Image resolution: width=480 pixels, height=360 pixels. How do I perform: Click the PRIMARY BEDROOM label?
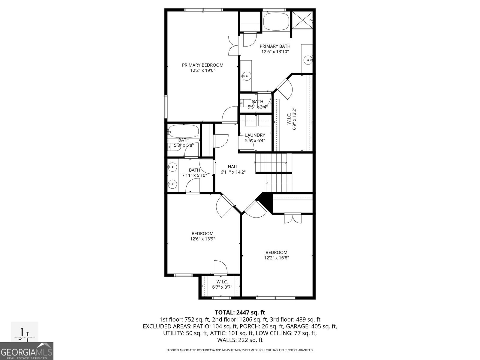[x=202, y=65]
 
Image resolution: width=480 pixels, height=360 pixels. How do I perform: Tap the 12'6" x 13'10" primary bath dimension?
[x=275, y=52]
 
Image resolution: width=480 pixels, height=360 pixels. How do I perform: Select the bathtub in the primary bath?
[x=276, y=21]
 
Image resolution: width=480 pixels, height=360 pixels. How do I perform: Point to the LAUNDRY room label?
[x=255, y=135]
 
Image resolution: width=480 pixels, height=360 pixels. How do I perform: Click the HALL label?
[x=233, y=167]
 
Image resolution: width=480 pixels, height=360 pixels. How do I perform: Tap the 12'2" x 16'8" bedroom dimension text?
[x=276, y=258]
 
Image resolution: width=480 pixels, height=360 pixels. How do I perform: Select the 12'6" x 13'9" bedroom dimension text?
[x=202, y=239]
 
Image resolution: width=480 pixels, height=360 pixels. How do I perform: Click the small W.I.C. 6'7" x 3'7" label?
[x=222, y=284]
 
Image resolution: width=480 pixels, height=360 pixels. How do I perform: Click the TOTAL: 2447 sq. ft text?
[x=240, y=313]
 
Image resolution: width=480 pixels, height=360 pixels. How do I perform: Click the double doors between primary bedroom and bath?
[x=233, y=45]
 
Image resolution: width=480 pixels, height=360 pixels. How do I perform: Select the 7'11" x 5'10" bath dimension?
[x=194, y=175]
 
